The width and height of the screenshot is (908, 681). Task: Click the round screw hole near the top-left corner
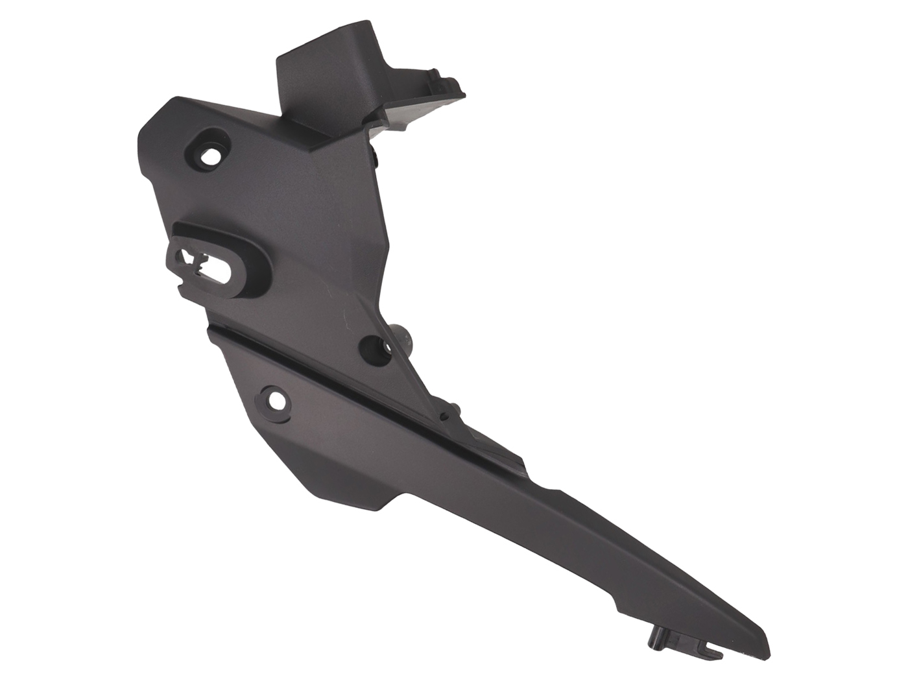point(211,156)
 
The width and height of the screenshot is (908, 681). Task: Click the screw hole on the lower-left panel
point(276,401)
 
